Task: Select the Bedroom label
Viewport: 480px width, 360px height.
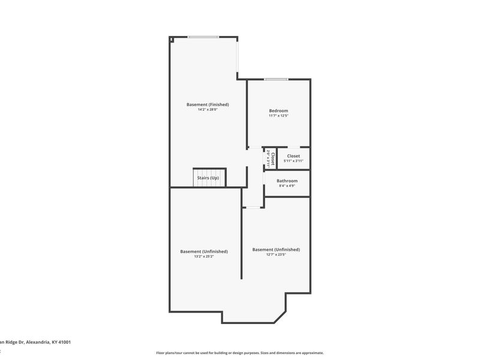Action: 278,110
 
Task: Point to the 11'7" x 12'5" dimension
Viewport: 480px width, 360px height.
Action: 278,116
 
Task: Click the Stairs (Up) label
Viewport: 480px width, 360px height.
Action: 209,178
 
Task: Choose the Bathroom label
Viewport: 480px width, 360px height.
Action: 287,181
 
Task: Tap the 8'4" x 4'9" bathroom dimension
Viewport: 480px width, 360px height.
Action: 287,186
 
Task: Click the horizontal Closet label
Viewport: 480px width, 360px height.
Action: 293,156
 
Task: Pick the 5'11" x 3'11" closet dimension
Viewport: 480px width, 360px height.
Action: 293,161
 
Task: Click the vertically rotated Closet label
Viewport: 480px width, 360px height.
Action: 273,158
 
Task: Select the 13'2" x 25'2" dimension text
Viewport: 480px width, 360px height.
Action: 204,257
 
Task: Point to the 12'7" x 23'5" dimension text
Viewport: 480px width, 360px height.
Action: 276,254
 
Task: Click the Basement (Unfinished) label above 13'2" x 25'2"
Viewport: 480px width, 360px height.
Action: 204,251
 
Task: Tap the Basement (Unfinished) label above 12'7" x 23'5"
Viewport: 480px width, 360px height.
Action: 276,249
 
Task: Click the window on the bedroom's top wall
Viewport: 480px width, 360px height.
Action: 275,79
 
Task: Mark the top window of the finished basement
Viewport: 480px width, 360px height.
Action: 203,37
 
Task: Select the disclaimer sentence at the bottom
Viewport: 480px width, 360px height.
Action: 240,353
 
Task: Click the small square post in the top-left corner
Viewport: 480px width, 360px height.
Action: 172,40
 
